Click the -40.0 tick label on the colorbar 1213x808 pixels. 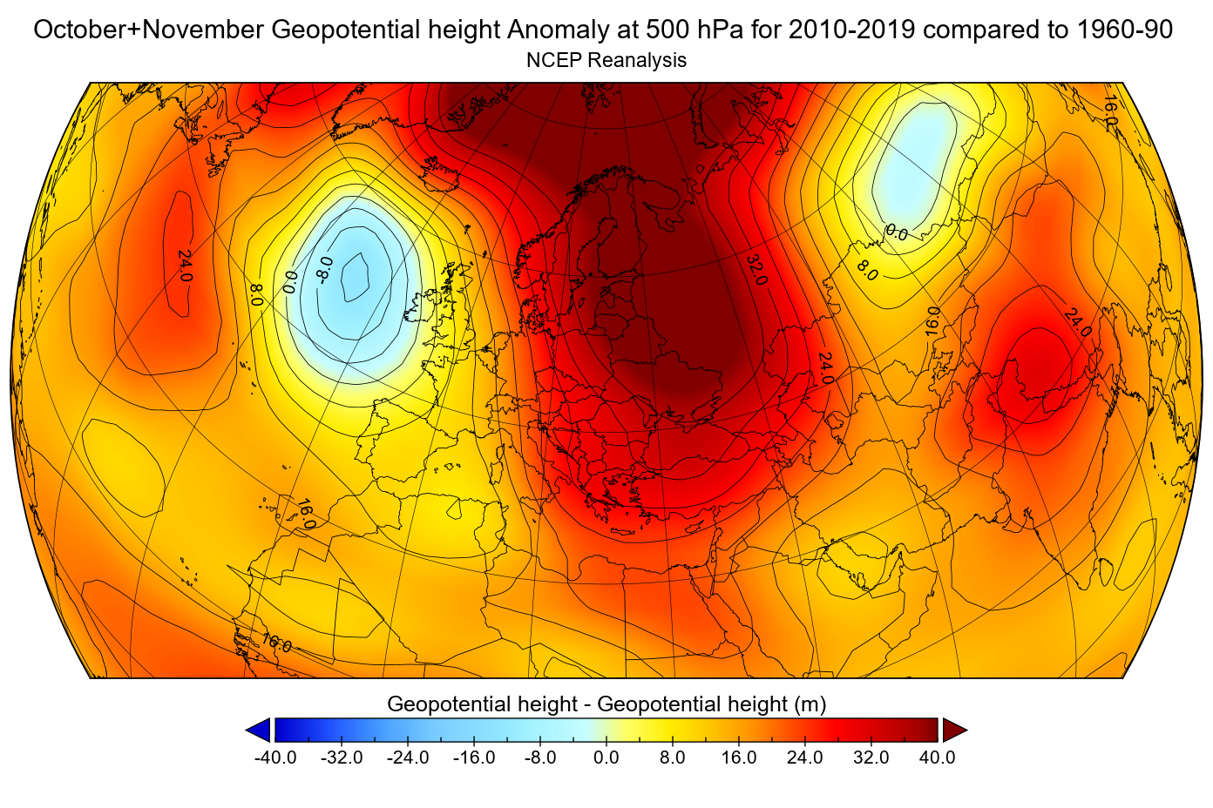tap(275, 757)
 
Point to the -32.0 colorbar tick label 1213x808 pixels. tap(342, 757)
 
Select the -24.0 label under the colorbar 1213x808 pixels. tap(408, 757)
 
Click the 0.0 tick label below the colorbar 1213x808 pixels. tap(606, 757)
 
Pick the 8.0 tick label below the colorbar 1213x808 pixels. tap(673, 757)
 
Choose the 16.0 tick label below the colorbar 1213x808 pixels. tap(739, 757)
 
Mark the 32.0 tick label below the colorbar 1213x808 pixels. tap(871, 757)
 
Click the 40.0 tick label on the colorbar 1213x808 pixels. tap(938, 757)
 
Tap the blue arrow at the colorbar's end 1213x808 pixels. tap(259, 730)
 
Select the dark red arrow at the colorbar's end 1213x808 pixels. tap(954, 730)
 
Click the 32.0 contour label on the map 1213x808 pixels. tap(756, 270)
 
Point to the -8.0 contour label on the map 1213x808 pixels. tap(324, 270)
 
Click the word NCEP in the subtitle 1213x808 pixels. tap(554, 60)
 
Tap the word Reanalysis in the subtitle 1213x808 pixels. tap(637, 60)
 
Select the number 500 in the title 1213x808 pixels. tap(667, 30)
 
